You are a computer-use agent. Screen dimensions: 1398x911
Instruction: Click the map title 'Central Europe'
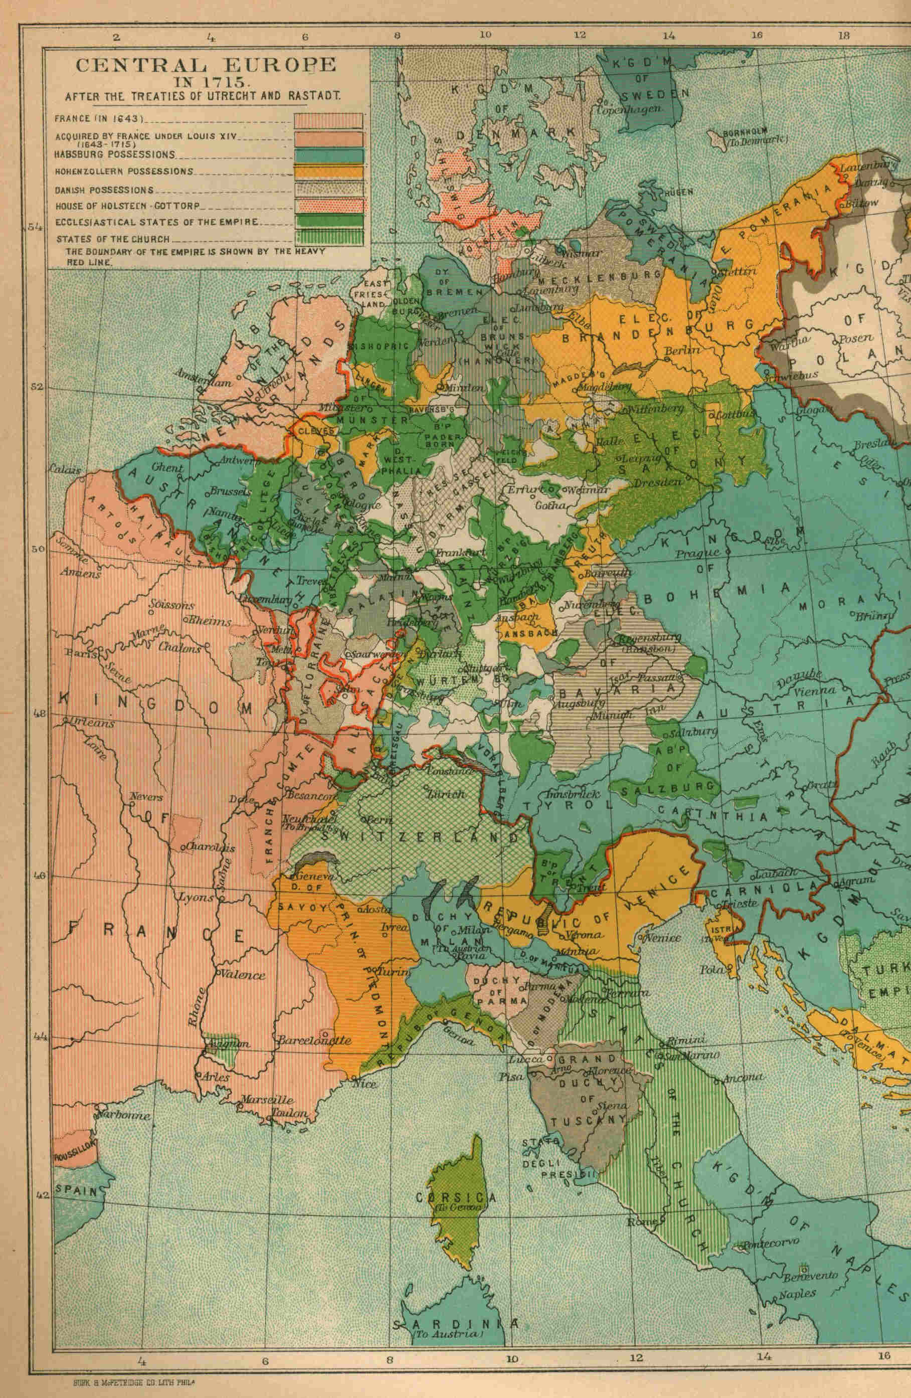point(206,65)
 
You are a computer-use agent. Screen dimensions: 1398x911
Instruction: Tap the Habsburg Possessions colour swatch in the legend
point(328,154)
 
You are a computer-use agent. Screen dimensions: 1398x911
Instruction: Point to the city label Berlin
point(682,349)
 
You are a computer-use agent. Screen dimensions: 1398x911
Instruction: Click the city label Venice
point(664,938)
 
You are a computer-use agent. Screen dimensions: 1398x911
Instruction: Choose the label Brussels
point(227,491)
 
